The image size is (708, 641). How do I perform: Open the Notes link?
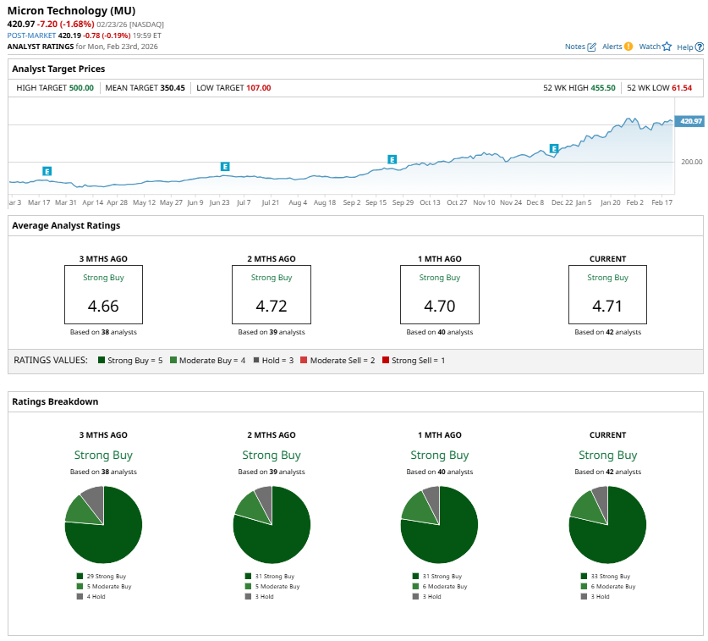[580, 47]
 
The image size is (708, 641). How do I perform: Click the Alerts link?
[617, 47]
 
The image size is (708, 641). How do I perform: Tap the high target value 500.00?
[81, 87]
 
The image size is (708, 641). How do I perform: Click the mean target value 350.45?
[173, 87]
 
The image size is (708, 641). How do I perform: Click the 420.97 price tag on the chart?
[691, 121]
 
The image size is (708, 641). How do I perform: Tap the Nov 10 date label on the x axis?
[484, 203]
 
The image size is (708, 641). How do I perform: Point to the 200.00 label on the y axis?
[692, 162]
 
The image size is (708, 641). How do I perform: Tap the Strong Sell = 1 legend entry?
[414, 361]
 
